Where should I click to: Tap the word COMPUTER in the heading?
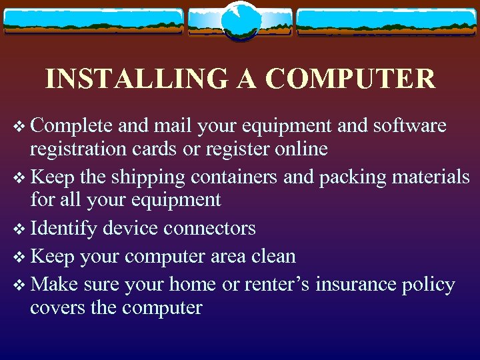(x=350, y=79)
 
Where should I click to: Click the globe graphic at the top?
(x=240, y=21)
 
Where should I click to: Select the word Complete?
(x=68, y=126)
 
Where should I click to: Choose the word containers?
(x=235, y=177)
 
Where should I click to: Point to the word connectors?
(x=209, y=228)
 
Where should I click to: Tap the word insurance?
(x=357, y=285)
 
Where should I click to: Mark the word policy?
(x=429, y=285)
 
